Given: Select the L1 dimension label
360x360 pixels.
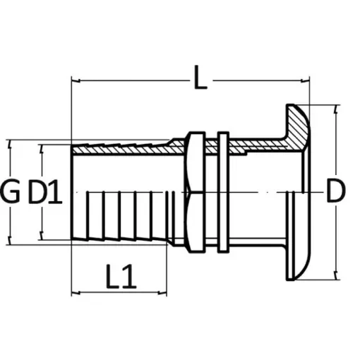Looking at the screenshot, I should pos(121,277).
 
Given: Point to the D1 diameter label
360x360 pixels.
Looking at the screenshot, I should pos(46,191).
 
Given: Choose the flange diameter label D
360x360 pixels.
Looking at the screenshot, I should pos(337,191).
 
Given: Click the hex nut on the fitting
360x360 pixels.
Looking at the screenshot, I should pos(195,191).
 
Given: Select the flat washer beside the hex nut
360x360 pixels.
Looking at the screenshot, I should pos(221,191).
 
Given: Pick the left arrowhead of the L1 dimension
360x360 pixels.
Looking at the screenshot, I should pos(75,291).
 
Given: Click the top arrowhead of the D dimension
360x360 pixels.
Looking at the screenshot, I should pos(337,108).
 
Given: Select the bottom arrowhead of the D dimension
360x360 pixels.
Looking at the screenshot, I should pos(337,272).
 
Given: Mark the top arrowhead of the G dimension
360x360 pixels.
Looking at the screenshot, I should pos(10,142).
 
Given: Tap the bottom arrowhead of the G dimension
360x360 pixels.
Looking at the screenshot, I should pos(10,239).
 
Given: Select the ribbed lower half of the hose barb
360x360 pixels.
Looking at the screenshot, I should pos(120,215).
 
